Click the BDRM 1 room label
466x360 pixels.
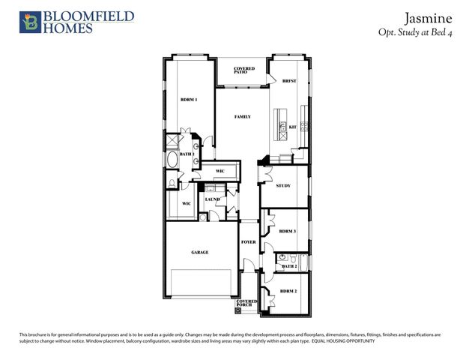188,100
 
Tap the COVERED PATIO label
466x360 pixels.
243,70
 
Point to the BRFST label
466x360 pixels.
289,82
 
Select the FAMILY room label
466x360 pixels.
242,117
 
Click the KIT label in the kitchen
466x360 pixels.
293,127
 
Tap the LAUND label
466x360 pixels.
212,199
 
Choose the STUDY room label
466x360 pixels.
282,185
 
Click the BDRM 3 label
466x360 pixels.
287,232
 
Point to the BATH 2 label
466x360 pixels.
289,266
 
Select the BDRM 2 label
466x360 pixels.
288,290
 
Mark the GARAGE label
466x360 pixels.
199,253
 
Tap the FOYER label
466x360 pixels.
248,242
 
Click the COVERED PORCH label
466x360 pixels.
246,303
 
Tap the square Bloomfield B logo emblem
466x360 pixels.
30,22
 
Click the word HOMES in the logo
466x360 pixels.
67,28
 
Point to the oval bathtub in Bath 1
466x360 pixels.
172,160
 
